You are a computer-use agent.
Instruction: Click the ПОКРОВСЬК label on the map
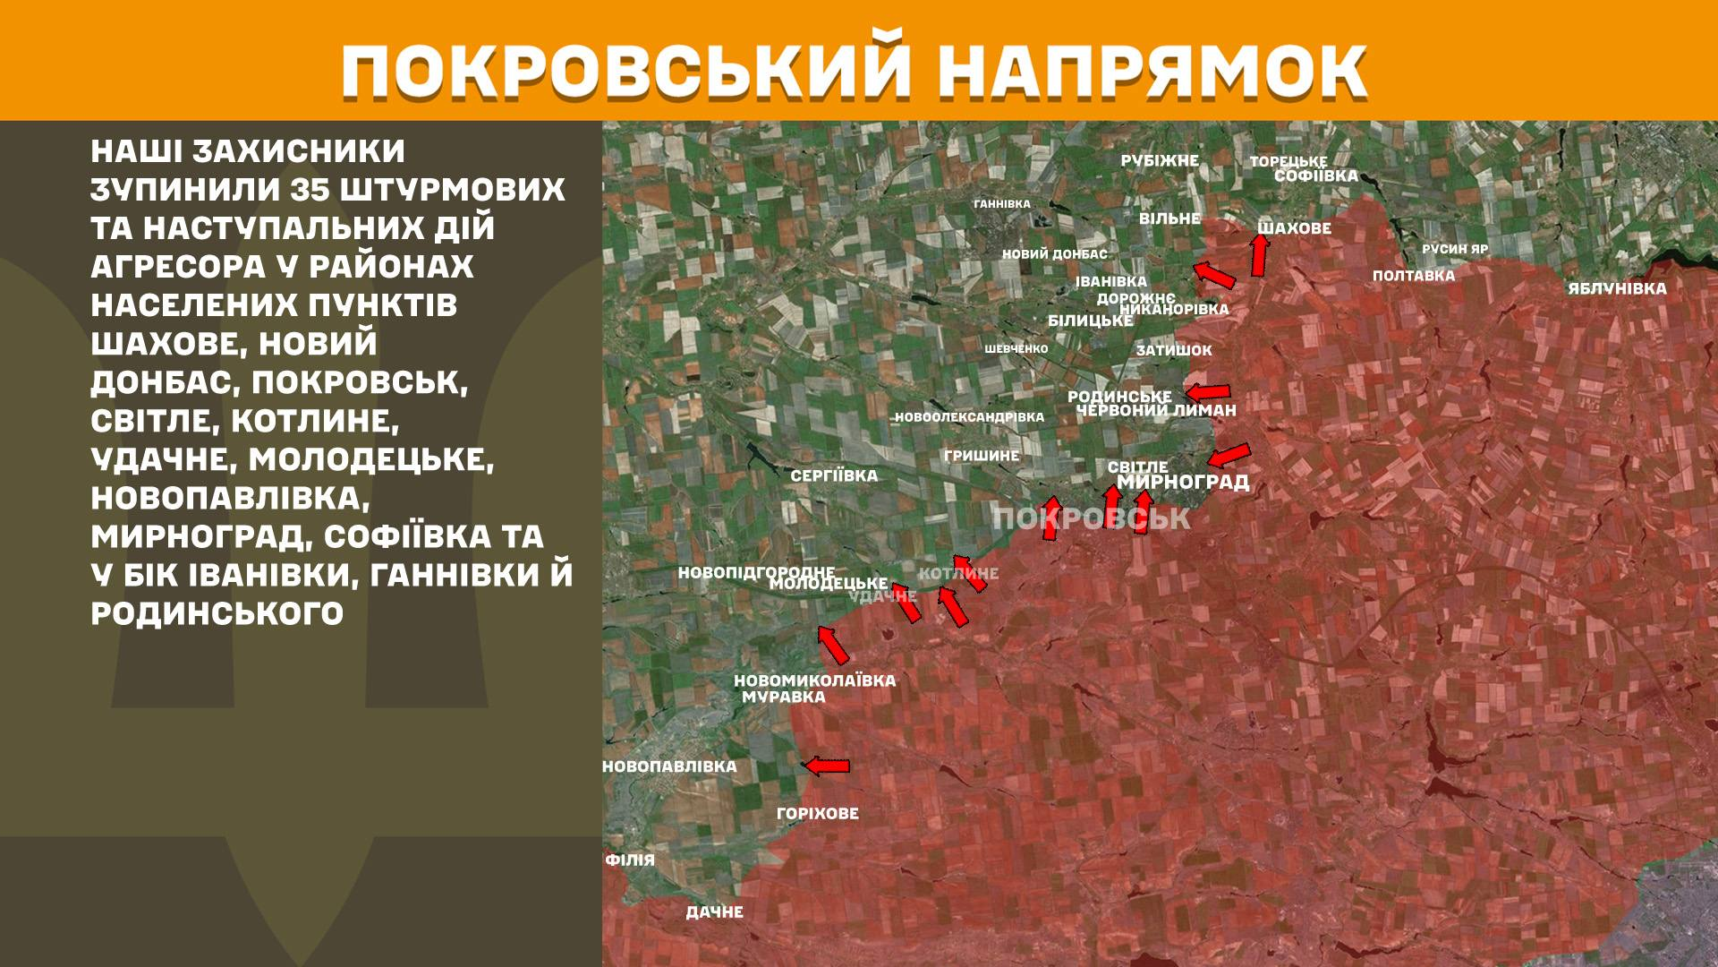pyautogui.click(x=1091, y=518)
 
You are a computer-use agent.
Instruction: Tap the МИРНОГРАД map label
pyautogui.click(x=1183, y=482)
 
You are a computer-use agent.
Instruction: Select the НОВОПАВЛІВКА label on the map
pyautogui.click(x=669, y=766)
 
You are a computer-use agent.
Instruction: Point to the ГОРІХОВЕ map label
pyautogui.click(x=817, y=814)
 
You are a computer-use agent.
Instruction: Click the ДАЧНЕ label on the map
pyautogui.click(x=714, y=912)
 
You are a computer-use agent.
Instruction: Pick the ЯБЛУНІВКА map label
pyautogui.click(x=1617, y=288)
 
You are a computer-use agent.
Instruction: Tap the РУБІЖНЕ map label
pyautogui.click(x=1160, y=160)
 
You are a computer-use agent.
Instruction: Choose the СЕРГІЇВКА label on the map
pyautogui.click(x=834, y=475)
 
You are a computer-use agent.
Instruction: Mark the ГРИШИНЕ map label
pyautogui.click(x=981, y=456)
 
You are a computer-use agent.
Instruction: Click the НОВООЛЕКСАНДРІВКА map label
pyautogui.click(x=969, y=417)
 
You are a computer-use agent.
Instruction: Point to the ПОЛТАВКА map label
pyautogui.click(x=1413, y=276)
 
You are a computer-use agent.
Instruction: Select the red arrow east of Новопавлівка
pyautogui.click(x=826, y=766)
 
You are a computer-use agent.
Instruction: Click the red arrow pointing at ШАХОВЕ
pyautogui.click(x=1260, y=254)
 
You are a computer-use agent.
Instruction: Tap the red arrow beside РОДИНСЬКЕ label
pyautogui.click(x=1208, y=391)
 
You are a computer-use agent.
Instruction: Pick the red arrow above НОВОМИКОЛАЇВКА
pyautogui.click(x=833, y=645)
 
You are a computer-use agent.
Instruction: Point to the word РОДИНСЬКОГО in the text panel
pyautogui.click(x=217, y=613)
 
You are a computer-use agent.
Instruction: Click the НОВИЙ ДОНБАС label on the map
pyautogui.click(x=1054, y=254)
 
